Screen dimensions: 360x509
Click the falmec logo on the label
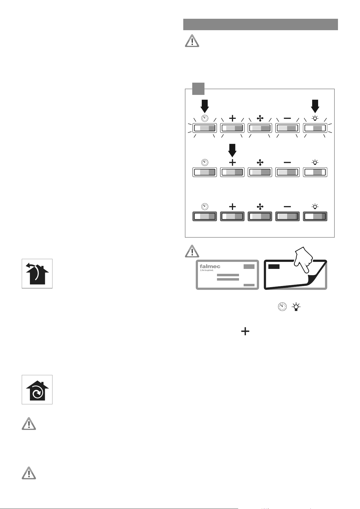210,266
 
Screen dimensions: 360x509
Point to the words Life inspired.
207,270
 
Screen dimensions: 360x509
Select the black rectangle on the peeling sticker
274,266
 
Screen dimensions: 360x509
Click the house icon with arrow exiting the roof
37,274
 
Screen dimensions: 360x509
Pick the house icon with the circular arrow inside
37,390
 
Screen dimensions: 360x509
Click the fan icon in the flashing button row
260,118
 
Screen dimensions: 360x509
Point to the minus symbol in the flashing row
287,118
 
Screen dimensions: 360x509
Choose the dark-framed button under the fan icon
260,216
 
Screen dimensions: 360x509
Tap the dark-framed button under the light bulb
315,216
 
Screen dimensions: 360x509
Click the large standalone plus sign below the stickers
245,331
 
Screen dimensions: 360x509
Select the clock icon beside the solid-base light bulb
282,307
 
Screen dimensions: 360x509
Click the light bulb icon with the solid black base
296,307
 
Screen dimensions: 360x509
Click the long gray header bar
260,24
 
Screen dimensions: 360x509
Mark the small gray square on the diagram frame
198,89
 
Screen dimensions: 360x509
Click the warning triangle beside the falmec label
192,251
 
